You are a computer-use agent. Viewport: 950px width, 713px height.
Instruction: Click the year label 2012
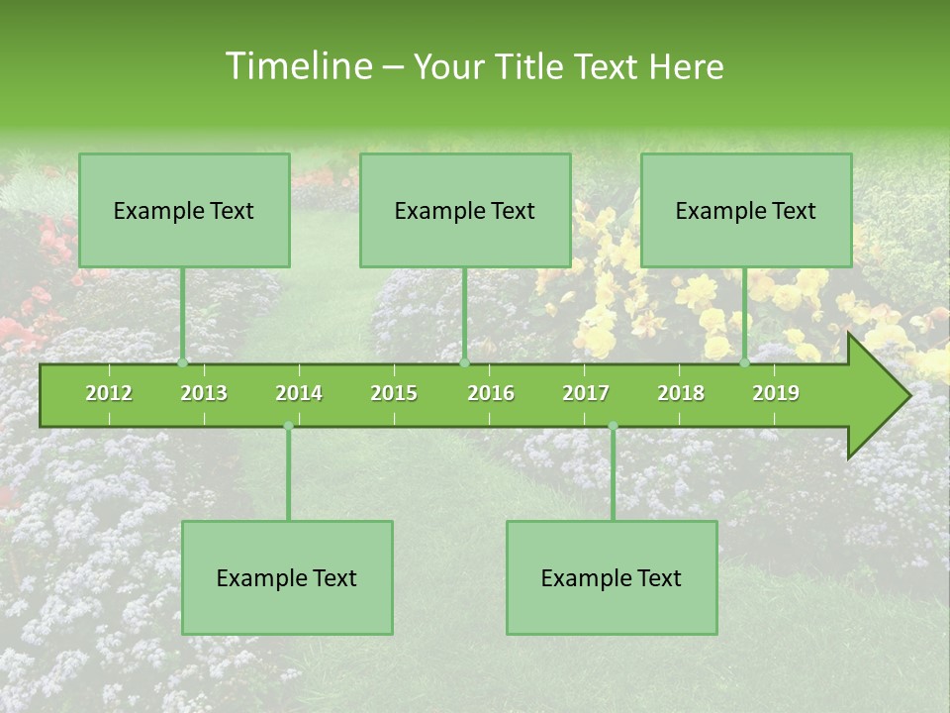pos(109,393)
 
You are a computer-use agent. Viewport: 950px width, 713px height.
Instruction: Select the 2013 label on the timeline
pos(204,393)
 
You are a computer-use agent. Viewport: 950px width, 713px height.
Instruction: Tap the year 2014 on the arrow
pos(299,393)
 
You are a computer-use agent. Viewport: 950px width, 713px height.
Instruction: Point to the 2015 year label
pos(394,393)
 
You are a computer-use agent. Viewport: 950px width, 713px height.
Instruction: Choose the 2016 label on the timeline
pos(491,393)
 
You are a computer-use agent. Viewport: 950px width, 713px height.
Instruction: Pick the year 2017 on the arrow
pos(586,393)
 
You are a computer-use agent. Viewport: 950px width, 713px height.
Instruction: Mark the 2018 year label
pos(681,393)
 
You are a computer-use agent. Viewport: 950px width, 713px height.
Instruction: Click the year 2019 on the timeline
pos(776,393)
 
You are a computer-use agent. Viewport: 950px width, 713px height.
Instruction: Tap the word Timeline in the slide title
pos(298,66)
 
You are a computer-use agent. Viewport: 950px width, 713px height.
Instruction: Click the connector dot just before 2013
pos(183,362)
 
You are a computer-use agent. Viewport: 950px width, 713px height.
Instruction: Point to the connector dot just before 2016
pos(465,362)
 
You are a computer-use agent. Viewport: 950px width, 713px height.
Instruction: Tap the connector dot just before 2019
pos(745,362)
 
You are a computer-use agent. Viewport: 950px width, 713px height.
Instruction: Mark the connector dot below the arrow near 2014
pos(288,426)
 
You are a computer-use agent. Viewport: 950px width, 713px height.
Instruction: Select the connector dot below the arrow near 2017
pos(613,426)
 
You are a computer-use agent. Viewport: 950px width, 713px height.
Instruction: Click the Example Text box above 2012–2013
pos(184,211)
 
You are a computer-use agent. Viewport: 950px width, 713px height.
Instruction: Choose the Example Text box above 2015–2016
pos(465,211)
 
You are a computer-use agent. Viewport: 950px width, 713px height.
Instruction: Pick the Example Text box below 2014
pos(287,578)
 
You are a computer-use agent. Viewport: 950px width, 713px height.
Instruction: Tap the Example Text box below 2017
pos(612,578)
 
